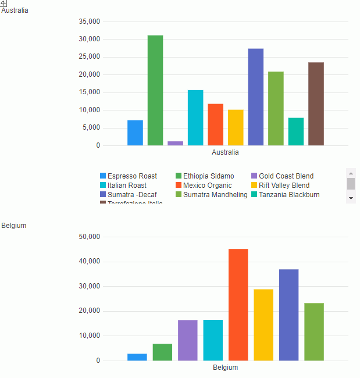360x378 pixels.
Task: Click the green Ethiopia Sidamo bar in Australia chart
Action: pos(155,90)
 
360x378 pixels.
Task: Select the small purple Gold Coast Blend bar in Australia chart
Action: pos(175,143)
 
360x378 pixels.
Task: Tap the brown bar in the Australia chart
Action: pos(316,104)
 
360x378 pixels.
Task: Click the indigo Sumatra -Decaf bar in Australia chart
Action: pos(256,97)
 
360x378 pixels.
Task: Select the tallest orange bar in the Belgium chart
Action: pos(238,305)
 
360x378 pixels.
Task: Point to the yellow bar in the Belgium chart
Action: pos(263,324)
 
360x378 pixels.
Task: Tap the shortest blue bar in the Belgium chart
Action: pos(137,357)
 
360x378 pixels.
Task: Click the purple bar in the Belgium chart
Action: pos(188,340)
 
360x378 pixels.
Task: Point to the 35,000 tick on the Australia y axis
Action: pos(89,22)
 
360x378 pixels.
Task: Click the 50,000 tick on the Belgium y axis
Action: pos(89,237)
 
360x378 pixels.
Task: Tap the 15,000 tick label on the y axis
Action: pos(89,92)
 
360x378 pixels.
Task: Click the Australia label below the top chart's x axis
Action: pos(225,153)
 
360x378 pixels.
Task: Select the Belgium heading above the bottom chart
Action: pos(14,225)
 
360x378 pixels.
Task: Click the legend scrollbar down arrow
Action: pos(351,198)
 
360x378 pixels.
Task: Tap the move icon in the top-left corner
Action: pos(3,3)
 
